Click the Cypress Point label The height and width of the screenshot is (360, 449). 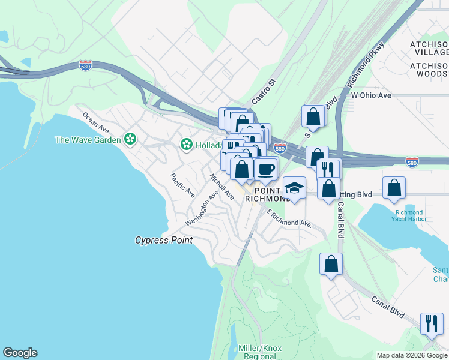(164, 240)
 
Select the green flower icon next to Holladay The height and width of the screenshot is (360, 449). (187, 145)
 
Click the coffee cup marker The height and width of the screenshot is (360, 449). (265, 168)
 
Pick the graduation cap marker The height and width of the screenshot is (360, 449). (294, 188)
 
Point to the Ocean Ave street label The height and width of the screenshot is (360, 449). (95, 122)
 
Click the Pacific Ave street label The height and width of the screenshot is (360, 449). (182, 185)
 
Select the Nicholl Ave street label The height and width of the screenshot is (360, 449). (221, 186)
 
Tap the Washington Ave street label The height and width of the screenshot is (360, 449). (201, 209)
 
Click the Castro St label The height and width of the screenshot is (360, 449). (263, 90)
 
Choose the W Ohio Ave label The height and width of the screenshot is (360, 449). (371, 95)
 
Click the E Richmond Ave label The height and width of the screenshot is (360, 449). (289, 218)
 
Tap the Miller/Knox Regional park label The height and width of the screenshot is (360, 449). (260, 352)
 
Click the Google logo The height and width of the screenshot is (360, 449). (20, 353)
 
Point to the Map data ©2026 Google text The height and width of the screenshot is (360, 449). (411, 355)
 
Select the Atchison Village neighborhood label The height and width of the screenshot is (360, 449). (429, 51)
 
